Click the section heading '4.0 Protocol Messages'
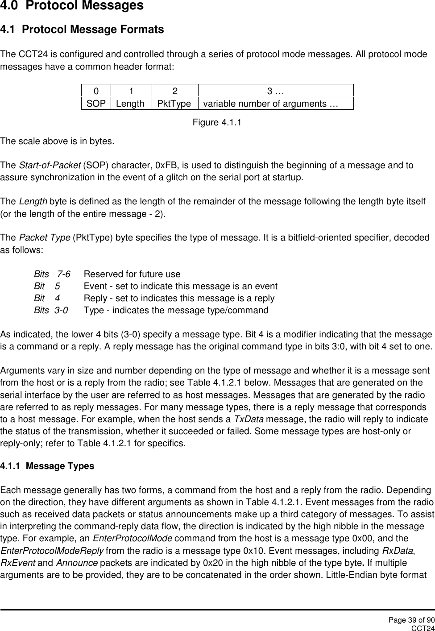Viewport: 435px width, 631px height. (72, 6)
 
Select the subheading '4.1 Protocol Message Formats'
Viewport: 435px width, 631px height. (82, 30)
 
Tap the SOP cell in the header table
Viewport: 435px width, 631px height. (96, 104)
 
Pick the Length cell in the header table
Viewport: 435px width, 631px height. (130, 104)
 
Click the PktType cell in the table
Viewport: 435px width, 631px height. (175, 104)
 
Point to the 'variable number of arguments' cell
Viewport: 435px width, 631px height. (270, 104)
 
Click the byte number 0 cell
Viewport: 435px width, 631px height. (96, 91)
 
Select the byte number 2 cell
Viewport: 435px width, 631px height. (175, 91)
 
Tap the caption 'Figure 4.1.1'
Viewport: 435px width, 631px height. (217, 122)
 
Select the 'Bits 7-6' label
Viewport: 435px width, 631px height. (52, 274)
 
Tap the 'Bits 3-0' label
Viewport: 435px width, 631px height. (51, 310)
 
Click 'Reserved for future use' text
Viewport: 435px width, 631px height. (132, 274)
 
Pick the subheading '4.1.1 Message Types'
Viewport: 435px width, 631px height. (47, 466)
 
